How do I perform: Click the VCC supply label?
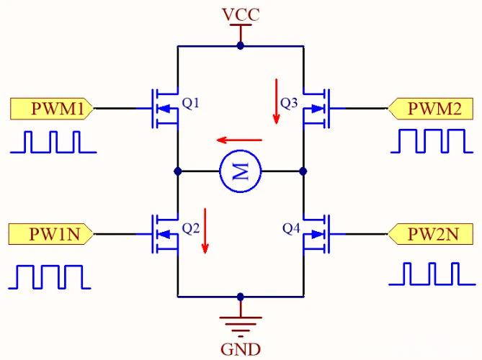point(241,14)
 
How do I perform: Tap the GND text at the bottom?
point(241,349)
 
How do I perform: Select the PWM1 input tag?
point(52,109)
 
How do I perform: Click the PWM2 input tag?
point(430,109)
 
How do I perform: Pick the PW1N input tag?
point(50,234)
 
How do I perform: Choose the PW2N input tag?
point(430,234)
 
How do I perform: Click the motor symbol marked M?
point(241,171)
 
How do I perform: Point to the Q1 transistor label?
point(191,103)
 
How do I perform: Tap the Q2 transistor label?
point(191,228)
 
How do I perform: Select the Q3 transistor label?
point(289,103)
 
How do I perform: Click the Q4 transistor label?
point(291,228)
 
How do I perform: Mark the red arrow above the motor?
point(239,140)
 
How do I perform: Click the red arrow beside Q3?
point(277,102)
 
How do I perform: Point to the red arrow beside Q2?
point(205,231)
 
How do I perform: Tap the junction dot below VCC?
point(241,46)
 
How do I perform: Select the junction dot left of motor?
point(178,171)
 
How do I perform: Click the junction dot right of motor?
point(303,171)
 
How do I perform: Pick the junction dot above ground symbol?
point(241,297)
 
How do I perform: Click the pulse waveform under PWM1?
point(53,142)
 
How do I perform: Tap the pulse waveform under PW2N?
point(432,274)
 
